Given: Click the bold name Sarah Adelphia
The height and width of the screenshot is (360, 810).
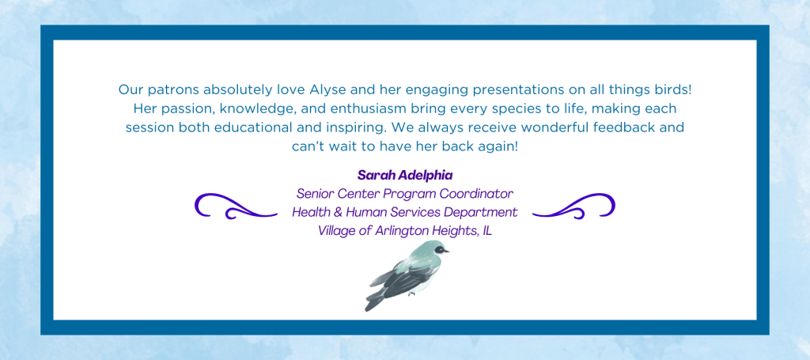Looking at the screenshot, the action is [x=405, y=175].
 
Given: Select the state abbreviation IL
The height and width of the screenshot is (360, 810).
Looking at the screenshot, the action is [x=486, y=231].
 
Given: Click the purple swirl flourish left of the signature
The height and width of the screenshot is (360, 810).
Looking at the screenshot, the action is [x=236, y=206].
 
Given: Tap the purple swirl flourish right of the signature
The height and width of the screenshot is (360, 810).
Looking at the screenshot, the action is [x=573, y=206].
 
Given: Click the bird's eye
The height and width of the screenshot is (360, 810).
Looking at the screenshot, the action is [x=439, y=249].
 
